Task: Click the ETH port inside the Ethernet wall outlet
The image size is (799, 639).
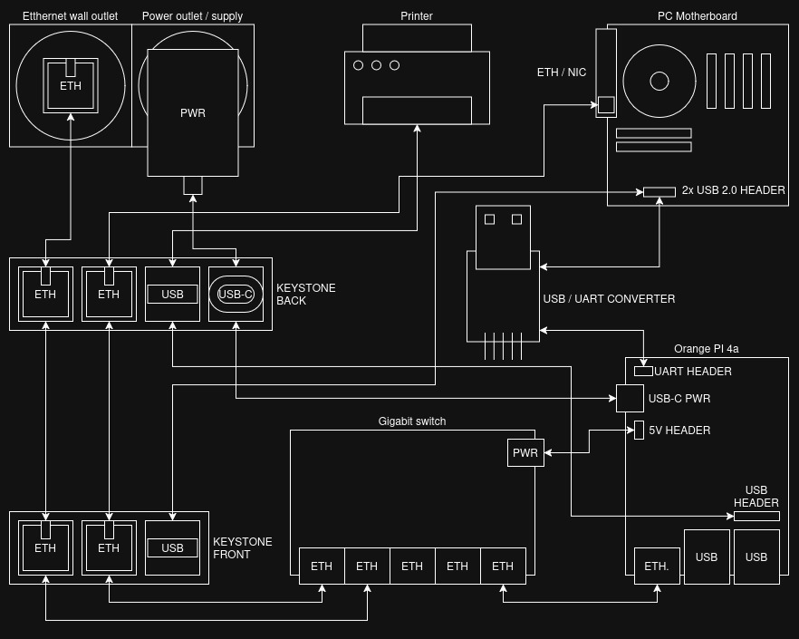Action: [71, 86]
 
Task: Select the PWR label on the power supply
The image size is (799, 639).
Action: [193, 113]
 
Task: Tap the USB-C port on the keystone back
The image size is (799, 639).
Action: [236, 294]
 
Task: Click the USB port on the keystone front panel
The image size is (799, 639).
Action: [172, 547]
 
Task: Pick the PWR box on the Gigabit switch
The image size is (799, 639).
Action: [525, 452]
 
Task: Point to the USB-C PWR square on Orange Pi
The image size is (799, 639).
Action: [630, 399]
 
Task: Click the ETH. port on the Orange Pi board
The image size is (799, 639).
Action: [657, 566]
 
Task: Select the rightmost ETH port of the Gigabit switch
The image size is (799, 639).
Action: [503, 566]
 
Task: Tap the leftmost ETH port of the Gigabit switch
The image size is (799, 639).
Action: [322, 566]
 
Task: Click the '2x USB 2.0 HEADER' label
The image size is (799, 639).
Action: [733, 190]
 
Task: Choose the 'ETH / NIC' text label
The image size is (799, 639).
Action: [562, 73]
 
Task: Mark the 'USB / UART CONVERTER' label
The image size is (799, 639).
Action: [609, 299]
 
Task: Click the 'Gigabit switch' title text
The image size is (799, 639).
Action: [412, 421]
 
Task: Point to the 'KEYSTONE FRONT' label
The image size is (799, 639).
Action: [242, 547]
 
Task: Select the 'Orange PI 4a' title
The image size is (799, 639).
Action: [707, 349]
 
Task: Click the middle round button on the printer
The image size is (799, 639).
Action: [376, 65]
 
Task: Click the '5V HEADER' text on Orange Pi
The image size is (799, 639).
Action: [679, 431]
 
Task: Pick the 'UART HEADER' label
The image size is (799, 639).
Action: [693, 372]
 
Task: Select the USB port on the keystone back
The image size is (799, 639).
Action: [172, 294]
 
